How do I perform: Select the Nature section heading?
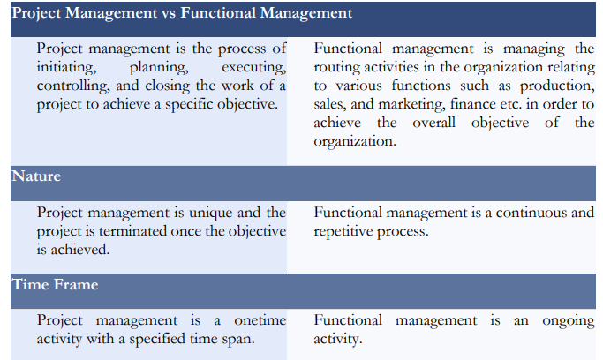(x=36, y=176)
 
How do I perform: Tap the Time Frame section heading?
(x=55, y=284)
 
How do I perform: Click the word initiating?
(x=66, y=68)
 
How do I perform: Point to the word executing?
(x=253, y=68)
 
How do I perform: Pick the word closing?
(x=167, y=86)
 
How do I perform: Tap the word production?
(x=557, y=86)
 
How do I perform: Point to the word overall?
(x=433, y=123)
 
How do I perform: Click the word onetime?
(x=260, y=320)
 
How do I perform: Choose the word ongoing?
(x=569, y=321)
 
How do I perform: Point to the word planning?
(x=159, y=68)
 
